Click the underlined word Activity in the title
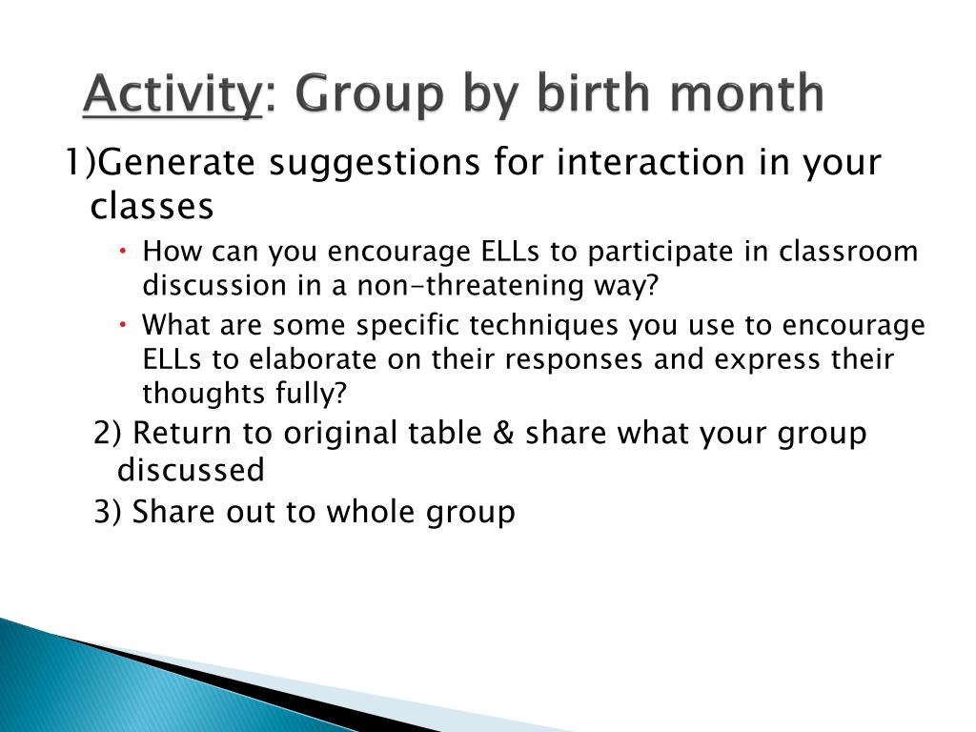173,94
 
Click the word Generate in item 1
176,162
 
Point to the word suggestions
375,164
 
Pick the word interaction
650,162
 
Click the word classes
152,206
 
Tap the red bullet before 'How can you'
123,251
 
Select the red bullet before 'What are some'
123,324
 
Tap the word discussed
191,470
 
